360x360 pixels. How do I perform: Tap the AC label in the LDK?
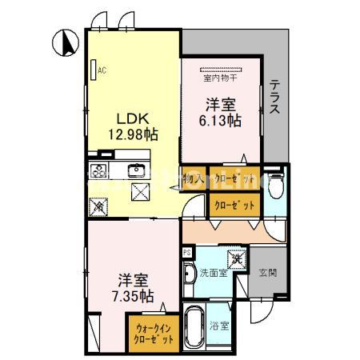102,70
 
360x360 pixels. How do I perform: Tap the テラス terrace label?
274,97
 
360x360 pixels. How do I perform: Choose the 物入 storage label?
193,178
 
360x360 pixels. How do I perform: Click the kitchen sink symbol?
136,170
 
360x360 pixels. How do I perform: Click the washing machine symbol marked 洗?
237,259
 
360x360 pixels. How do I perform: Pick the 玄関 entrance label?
266,273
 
